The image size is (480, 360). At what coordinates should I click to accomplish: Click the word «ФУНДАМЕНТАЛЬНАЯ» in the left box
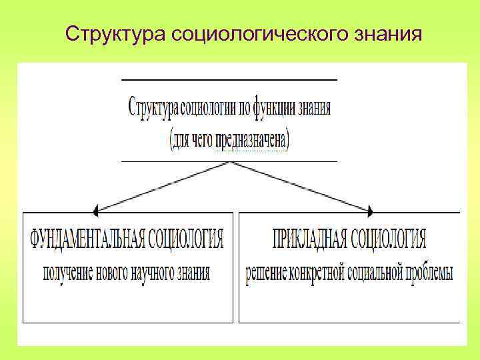pyautogui.click(x=86, y=238)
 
